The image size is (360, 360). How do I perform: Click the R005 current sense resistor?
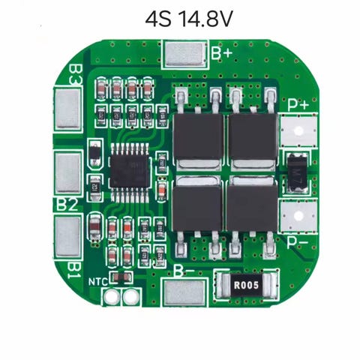246,285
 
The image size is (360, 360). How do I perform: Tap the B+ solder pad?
185,54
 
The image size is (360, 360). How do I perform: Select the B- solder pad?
184,292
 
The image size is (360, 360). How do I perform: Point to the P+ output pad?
298,130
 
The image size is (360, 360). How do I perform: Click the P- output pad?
298,216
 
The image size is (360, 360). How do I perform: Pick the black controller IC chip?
130,172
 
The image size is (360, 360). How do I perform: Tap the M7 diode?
297,173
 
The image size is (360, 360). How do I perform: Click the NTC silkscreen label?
98,282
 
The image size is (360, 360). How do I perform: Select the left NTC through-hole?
110,296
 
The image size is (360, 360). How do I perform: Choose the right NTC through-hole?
130,296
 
